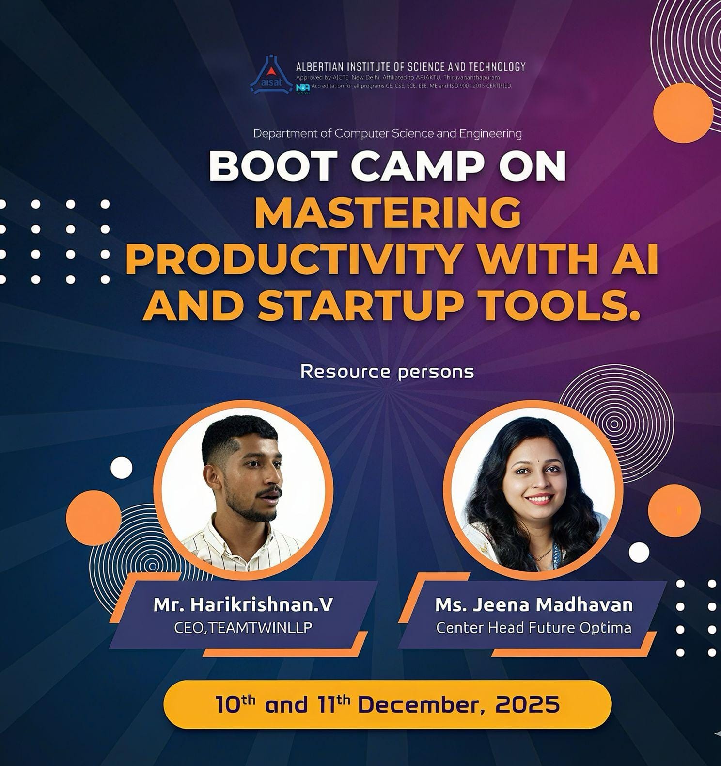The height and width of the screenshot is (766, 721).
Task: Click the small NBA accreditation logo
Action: pos(303,88)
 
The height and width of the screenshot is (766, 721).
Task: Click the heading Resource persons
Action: pos(387,372)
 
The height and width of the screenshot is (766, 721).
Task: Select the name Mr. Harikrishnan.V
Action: pos(243,604)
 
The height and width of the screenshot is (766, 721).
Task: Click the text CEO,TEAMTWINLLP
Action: pos(243,627)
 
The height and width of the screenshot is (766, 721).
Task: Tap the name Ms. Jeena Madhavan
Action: pos(534,604)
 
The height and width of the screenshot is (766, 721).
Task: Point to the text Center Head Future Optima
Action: pos(534,628)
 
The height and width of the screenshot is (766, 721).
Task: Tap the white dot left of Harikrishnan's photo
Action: pos(121,468)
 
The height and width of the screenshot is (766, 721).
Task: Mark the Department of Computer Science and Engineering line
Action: pos(387,133)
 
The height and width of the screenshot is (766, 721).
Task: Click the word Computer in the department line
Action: pos(361,133)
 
